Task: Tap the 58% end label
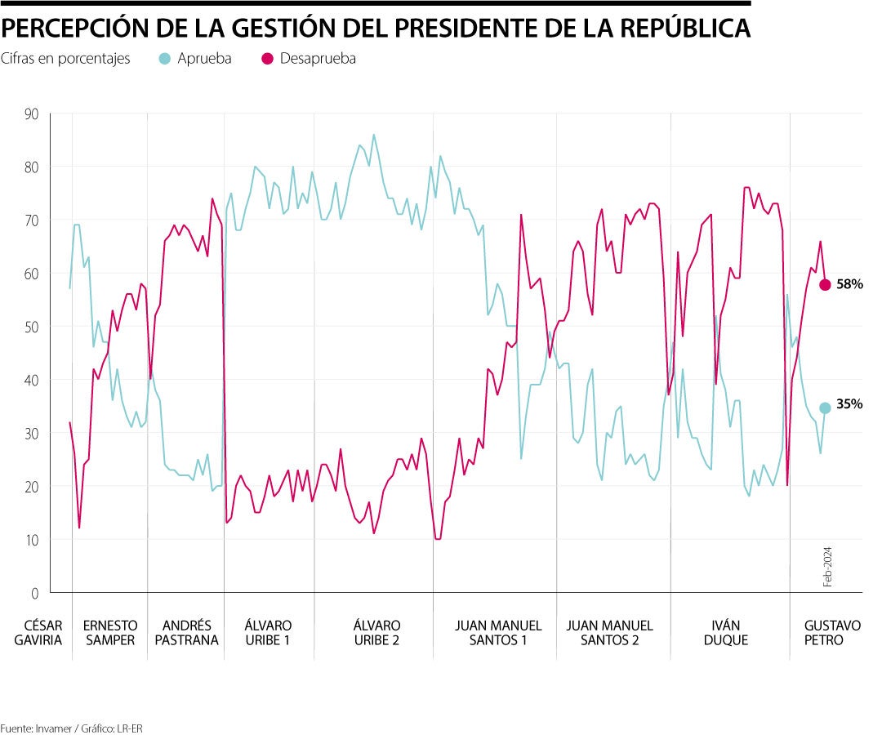(x=849, y=284)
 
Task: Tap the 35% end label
(x=849, y=403)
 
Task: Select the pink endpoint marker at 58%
(x=825, y=284)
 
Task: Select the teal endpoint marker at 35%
(x=825, y=408)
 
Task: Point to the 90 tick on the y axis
(x=32, y=114)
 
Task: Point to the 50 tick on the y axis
(x=32, y=327)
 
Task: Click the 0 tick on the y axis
(x=35, y=593)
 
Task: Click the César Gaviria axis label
(x=38, y=633)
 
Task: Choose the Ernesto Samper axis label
(x=109, y=633)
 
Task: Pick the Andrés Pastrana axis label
(x=185, y=633)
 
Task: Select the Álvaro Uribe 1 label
(x=268, y=633)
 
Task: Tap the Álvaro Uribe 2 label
(x=376, y=633)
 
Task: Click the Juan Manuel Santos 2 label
(x=610, y=633)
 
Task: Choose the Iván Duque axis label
(x=725, y=633)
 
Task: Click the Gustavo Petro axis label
(x=832, y=633)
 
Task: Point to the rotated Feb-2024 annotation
(x=826, y=567)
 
